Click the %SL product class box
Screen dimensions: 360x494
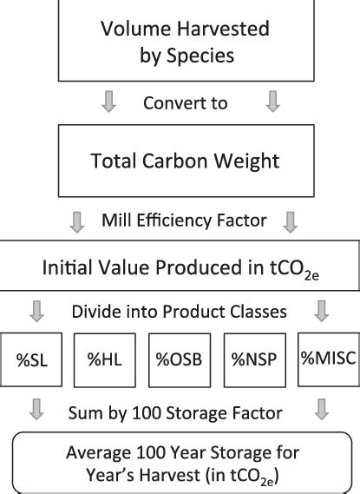(x=31, y=359)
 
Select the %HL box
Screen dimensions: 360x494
(x=105, y=360)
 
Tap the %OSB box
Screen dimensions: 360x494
(x=180, y=360)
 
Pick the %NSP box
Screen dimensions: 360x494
(x=254, y=360)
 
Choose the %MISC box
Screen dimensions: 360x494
(x=329, y=359)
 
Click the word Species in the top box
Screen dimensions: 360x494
(x=200, y=56)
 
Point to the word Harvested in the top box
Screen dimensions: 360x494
(x=223, y=29)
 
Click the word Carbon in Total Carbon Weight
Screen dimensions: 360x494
(x=175, y=161)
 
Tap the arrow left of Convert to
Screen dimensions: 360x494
(x=109, y=101)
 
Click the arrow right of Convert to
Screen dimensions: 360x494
(x=273, y=101)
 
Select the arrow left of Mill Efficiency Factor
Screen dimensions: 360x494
(x=77, y=222)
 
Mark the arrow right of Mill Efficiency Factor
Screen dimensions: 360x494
(x=290, y=222)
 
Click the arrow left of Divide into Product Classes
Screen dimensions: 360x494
(x=36, y=312)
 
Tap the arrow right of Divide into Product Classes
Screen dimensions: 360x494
(x=322, y=312)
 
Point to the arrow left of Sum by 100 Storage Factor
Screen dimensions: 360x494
(x=36, y=409)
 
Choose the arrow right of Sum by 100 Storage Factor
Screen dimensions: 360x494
(x=322, y=409)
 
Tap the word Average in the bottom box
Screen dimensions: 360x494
(x=98, y=453)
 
